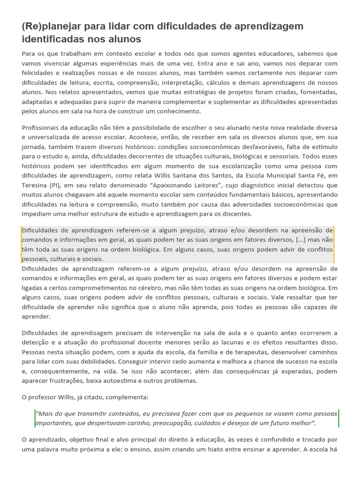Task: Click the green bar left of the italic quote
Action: click(x=35, y=418)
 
